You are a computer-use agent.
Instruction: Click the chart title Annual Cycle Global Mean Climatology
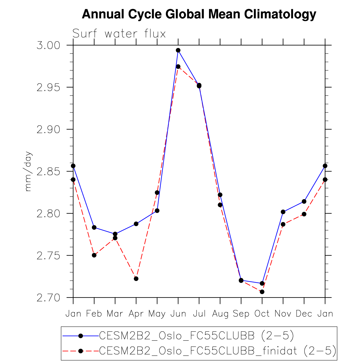click(199, 14)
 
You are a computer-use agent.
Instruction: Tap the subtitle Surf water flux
click(119, 34)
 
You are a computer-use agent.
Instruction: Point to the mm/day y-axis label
click(28, 171)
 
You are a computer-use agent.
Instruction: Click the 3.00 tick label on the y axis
click(48, 45)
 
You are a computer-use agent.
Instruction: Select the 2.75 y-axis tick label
click(48, 256)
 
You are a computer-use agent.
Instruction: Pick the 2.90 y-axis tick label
click(48, 129)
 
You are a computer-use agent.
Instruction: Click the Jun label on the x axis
click(178, 314)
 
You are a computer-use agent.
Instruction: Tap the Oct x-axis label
click(262, 314)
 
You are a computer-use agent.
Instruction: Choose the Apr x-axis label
click(136, 314)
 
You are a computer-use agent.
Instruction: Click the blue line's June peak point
click(178, 50)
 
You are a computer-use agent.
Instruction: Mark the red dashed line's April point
click(136, 279)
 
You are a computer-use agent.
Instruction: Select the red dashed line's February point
click(94, 255)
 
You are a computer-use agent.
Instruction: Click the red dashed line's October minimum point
click(262, 292)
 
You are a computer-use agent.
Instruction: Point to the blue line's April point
click(136, 224)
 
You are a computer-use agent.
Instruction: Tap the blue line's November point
click(283, 212)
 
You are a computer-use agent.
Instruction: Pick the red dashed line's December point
click(304, 214)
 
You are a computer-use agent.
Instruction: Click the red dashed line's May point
click(157, 192)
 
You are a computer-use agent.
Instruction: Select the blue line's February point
click(94, 228)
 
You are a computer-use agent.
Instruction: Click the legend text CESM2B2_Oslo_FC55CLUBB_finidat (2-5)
click(218, 351)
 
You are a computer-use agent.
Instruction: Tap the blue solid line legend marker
click(81, 335)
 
